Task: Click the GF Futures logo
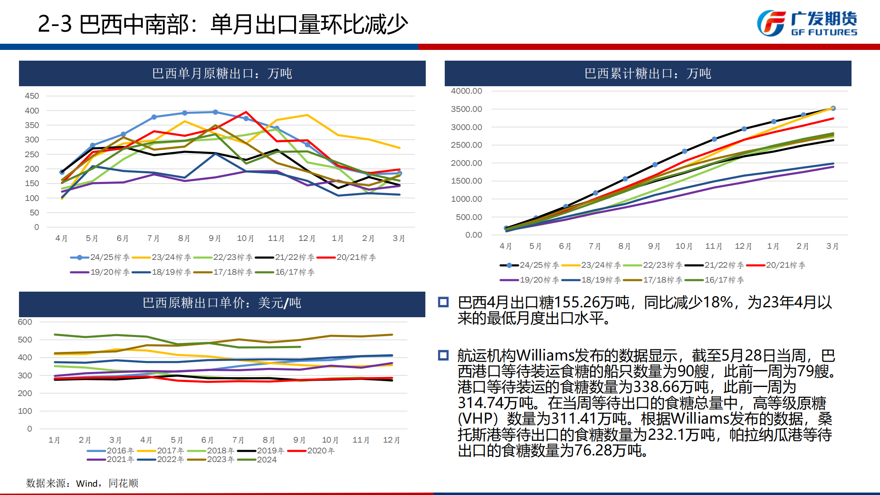click(x=807, y=23)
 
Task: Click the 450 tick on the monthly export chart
click(x=32, y=96)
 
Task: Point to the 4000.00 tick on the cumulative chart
click(x=466, y=91)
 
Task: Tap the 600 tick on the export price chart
click(x=25, y=322)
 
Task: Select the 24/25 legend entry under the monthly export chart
click(x=100, y=257)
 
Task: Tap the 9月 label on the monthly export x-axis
click(x=215, y=238)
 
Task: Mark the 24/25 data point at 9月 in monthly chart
click(x=215, y=112)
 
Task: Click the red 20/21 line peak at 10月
click(x=246, y=112)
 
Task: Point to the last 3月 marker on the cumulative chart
click(x=833, y=108)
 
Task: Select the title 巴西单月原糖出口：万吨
click(x=222, y=73)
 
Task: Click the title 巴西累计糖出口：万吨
click(x=648, y=73)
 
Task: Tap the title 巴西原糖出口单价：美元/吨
click(x=222, y=303)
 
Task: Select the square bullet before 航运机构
click(x=444, y=355)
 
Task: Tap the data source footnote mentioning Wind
click(x=82, y=483)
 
